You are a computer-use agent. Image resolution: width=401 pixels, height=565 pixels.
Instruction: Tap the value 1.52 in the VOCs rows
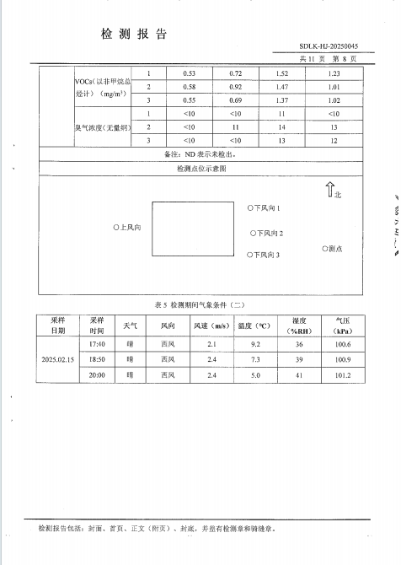click(x=282, y=74)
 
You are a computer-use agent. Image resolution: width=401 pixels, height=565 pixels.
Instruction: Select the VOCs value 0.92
click(x=236, y=88)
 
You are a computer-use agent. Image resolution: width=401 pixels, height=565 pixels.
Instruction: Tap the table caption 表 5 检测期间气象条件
click(x=200, y=304)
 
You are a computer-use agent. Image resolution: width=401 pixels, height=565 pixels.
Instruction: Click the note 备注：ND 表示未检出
click(x=200, y=155)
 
